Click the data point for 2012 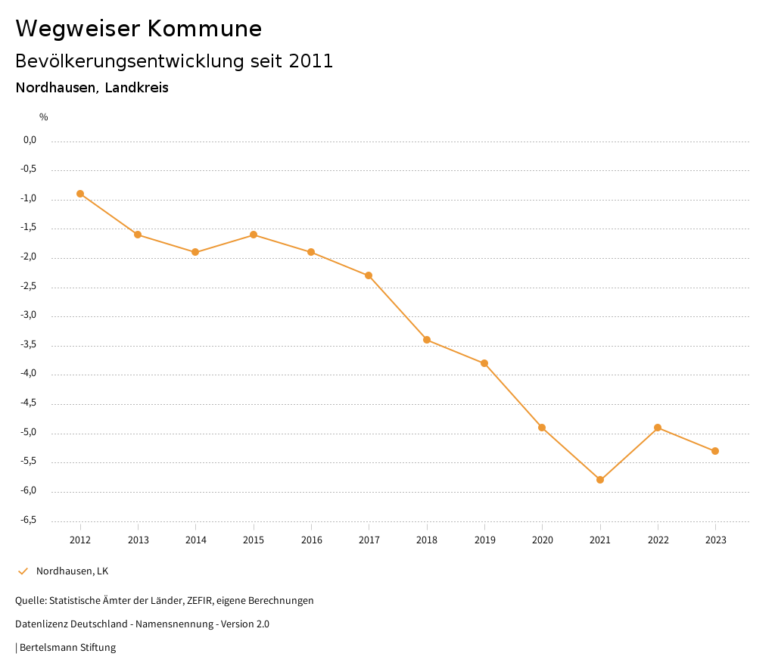click(80, 194)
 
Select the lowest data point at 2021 click(600, 480)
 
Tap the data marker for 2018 click(427, 340)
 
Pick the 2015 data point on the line click(254, 235)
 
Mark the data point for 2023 click(715, 451)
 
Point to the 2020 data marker click(542, 428)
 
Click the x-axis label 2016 click(311, 540)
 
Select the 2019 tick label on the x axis click(484, 540)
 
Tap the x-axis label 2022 click(658, 540)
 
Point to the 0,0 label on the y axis click(30, 140)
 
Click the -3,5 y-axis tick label click(28, 345)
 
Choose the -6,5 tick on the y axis click(28, 521)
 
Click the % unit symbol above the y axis click(44, 117)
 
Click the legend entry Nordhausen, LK click(72, 571)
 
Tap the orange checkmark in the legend click(23, 571)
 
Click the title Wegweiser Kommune click(139, 29)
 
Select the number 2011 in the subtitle click(311, 61)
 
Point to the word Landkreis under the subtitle click(136, 88)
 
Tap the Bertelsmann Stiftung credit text click(67, 648)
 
